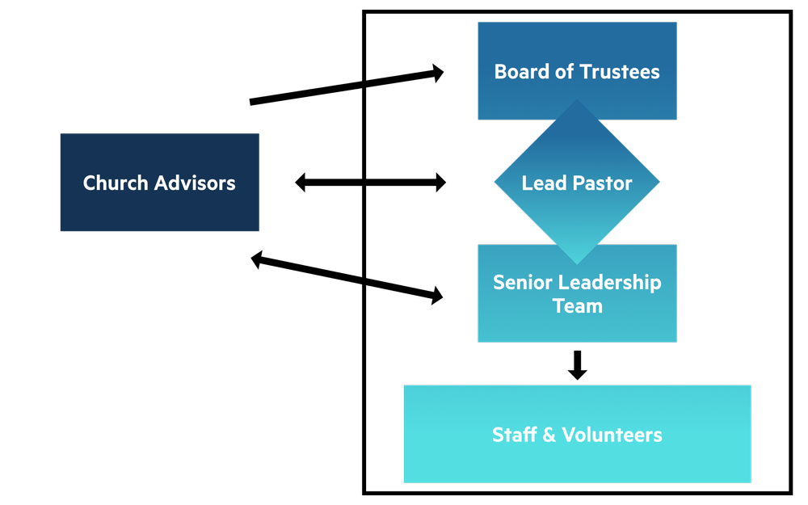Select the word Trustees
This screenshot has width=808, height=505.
click(620, 72)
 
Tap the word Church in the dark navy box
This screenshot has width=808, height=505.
click(116, 183)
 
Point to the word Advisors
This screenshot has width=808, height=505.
click(195, 183)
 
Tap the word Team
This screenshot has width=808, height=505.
click(578, 306)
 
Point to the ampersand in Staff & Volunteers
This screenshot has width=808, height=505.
click(549, 435)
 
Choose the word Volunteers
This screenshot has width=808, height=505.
click(612, 435)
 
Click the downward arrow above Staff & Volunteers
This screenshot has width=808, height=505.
click(578, 365)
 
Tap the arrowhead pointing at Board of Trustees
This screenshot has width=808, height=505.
click(438, 74)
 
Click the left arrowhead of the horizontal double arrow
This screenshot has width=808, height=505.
click(300, 183)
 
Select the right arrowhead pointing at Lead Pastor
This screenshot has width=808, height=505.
click(441, 183)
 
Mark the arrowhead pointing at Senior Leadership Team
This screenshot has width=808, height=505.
click(437, 296)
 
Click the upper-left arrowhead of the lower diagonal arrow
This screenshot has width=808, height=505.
click(257, 259)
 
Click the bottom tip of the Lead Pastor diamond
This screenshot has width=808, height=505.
click(577, 264)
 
